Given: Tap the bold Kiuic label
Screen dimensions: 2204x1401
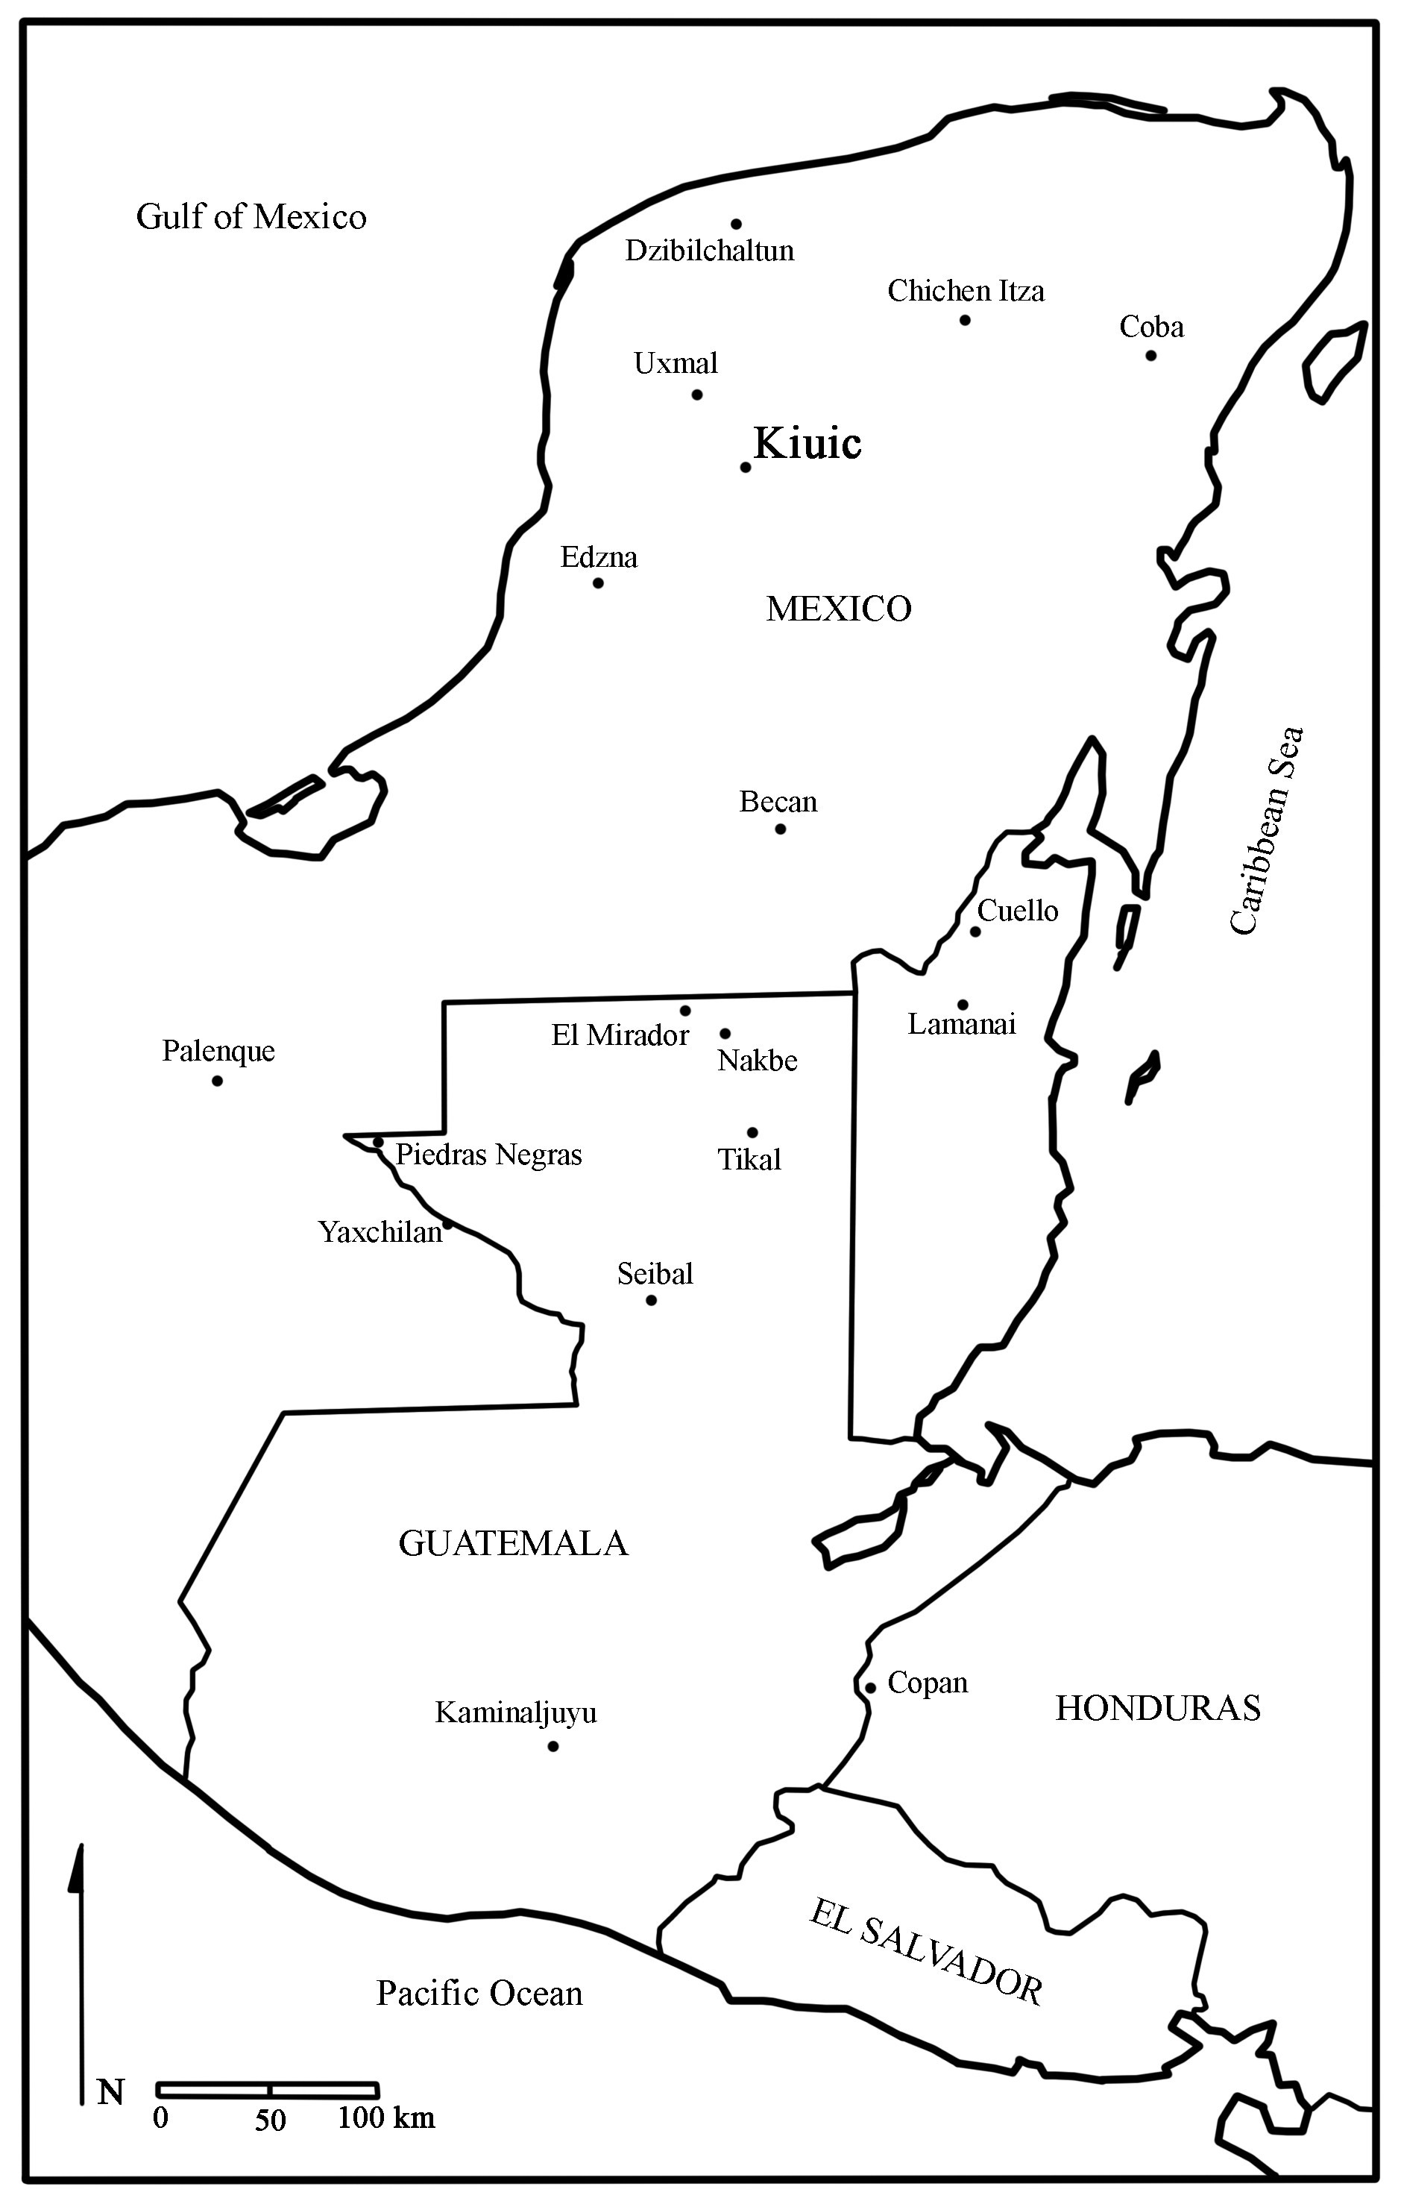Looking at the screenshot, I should click(x=807, y=444).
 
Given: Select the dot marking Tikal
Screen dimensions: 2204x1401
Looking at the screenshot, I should click(x=752, y=1132).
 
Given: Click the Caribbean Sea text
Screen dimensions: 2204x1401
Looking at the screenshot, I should click(x=1268, y=830).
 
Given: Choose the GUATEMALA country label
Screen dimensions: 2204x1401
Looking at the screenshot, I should click(x=514, y=1543).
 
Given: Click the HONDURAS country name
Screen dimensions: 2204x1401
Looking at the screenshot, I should click(x=1158, y=1708).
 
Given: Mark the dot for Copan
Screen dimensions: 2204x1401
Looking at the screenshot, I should click(x=870, y=1688).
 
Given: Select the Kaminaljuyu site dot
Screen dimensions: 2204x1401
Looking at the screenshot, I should click(x=552, y=1746).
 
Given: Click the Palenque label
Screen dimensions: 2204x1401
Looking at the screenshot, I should click(x=218, y=1051).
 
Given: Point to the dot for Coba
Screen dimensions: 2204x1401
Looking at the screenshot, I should click(x=1150, y=355).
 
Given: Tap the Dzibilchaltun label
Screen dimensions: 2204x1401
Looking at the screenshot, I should click(x=709, y=251).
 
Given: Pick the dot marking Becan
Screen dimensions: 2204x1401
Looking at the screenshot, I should click(x=780, y=829).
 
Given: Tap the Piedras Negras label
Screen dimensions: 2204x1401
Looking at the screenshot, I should click(x=488, y=1155).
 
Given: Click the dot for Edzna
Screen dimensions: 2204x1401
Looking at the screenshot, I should click(x=599, y=583).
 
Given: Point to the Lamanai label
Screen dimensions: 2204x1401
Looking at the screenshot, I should click(x=961, y=1024).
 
